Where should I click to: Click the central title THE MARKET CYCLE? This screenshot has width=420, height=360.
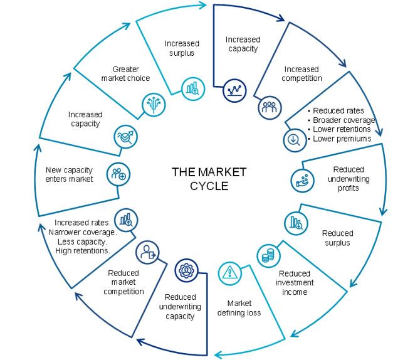[210, 179]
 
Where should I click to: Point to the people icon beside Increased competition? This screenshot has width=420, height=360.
[268, 107]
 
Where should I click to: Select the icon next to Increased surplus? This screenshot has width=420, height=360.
[191, 88]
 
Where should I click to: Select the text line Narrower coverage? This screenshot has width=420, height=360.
[82, 232]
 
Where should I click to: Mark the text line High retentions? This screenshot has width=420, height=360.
[83, 251]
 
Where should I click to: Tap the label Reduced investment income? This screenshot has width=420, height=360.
[295, 283]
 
